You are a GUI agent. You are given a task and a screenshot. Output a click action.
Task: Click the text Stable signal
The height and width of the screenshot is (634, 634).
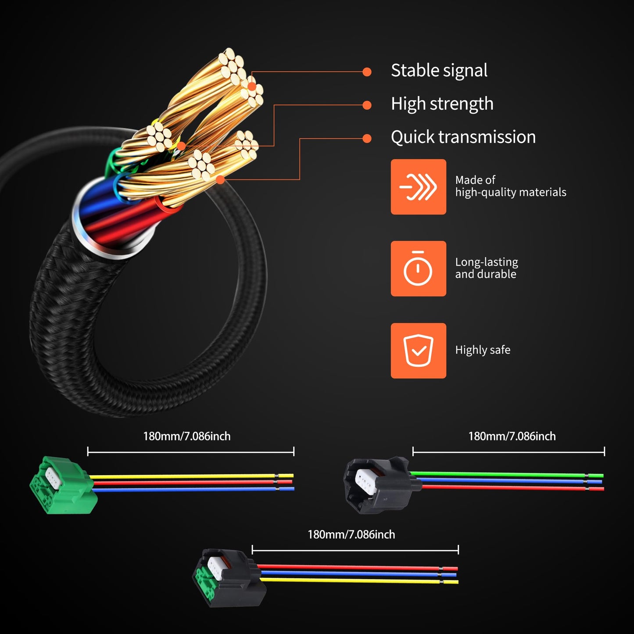click(x=439, y=71)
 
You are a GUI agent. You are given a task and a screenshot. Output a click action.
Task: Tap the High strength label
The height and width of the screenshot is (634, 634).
click(x=442, y=104)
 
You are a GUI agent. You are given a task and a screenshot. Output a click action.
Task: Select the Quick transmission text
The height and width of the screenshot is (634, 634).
click(x=463, y=137)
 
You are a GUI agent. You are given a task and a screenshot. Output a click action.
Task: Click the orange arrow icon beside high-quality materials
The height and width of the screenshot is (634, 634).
click(x=418, y=187)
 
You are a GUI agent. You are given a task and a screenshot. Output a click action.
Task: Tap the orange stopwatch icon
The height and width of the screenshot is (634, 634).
click(x=418, y=269)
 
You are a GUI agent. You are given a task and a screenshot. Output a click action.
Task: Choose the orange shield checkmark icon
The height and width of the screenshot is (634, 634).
click(x=418, y=351)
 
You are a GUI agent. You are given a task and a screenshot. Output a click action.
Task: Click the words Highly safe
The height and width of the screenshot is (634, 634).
click(x=483, y=350)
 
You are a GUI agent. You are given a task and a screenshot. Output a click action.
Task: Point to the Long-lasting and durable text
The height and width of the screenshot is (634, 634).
click(x=486, y=268)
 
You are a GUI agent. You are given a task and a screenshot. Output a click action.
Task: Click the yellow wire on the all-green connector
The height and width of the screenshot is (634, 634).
click(x=184, y=476)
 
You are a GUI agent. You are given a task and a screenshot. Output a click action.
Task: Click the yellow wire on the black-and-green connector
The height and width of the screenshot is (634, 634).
click(x=351, y=580)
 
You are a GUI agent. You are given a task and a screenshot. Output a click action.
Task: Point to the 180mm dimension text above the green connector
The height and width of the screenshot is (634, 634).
click(x=186, y=436)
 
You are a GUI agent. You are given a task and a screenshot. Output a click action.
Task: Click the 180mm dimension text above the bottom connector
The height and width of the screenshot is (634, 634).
click(x=351, y=534)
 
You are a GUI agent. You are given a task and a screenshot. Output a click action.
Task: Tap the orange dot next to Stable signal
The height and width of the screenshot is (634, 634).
click(x=367, y=72)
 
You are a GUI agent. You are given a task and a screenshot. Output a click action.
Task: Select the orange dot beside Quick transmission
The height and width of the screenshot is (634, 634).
click(x=367, y=139)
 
